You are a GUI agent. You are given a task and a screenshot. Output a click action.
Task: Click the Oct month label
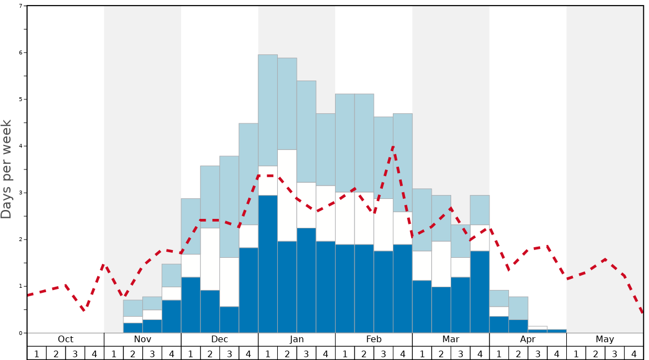point(66,339)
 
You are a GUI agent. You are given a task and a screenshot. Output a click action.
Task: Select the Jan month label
point(297,339)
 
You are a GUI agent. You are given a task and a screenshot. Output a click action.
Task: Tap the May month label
point(605,339)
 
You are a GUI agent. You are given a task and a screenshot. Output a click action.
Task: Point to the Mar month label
point(451,339)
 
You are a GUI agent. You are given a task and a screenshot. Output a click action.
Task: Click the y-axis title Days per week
point(7,169)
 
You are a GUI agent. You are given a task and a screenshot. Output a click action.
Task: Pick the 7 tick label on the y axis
point(21,6)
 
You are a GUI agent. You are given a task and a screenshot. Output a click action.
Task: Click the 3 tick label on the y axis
point(21,193)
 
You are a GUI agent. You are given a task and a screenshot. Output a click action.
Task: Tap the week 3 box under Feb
point(383,353)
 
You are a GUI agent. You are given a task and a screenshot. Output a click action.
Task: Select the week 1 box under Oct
point(37,353)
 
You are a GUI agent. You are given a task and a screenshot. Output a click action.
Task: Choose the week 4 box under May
point(633,353)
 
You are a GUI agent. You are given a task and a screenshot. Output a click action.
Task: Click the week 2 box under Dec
point(210,353)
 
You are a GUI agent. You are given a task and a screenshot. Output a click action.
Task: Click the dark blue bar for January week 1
point(268,264)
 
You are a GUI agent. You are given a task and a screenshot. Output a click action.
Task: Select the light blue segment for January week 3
point(306,132)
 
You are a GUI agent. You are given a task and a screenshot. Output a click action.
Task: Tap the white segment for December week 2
point(210,259)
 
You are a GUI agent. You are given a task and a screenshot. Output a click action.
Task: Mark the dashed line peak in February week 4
point(393,147)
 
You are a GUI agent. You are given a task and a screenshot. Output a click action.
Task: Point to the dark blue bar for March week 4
point(480,292)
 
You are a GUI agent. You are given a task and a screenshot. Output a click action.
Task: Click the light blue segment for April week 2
point(518,308)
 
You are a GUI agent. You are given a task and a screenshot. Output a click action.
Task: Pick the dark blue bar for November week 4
point(172,317)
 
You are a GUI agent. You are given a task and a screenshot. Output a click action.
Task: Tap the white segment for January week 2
point(287,196)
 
